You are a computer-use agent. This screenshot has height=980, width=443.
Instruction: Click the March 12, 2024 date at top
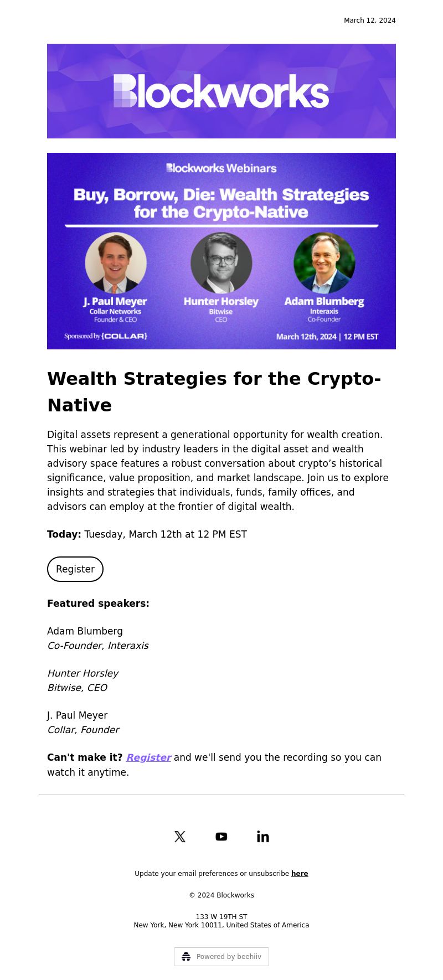(370, 20)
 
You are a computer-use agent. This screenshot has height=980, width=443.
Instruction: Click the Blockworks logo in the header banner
(221, 91)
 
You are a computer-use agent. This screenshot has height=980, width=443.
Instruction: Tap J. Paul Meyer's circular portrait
(116, 262)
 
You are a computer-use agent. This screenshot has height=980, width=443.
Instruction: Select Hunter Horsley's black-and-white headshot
(221, 262)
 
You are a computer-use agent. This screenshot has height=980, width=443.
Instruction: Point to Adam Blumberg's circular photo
(324, 262)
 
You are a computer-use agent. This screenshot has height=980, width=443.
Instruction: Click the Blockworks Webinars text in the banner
(221, 168)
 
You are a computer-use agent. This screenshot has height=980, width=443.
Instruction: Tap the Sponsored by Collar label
(106, 336)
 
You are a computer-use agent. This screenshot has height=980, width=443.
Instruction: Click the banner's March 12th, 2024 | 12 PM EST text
(327, 337)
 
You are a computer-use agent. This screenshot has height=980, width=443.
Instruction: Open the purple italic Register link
(148, 757)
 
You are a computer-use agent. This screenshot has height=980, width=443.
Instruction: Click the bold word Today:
(64, 534)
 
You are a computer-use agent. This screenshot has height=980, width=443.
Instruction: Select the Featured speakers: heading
(98, 604)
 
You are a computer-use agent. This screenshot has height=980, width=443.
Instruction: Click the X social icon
(180, 837)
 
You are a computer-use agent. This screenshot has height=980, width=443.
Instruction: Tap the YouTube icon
(221, 837)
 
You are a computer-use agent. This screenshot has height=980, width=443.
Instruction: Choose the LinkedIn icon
(263, 837)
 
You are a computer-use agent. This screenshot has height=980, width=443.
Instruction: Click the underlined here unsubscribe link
(300, 874)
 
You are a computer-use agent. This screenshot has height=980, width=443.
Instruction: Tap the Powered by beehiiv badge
(221, 957)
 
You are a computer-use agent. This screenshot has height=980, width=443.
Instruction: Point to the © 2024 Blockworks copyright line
(221, 895)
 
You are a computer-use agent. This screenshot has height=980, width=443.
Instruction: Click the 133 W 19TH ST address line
(221, 917)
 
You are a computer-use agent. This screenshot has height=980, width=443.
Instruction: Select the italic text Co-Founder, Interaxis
(98, 646)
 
